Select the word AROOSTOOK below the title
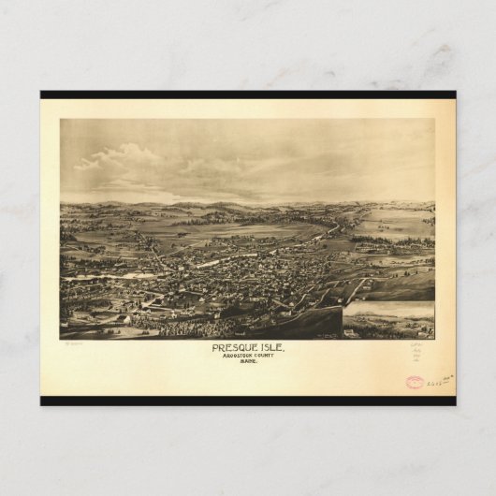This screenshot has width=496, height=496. click(236, 357)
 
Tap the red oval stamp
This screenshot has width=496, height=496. click(415, 382)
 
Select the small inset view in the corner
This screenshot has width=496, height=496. click(388, 320)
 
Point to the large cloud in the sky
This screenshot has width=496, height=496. click(122, 157)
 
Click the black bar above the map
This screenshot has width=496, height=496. click(248, 95)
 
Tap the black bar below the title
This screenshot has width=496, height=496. click(248, 401)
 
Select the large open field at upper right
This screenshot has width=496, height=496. click(398, 225)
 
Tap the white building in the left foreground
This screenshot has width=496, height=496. click(124, 318)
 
